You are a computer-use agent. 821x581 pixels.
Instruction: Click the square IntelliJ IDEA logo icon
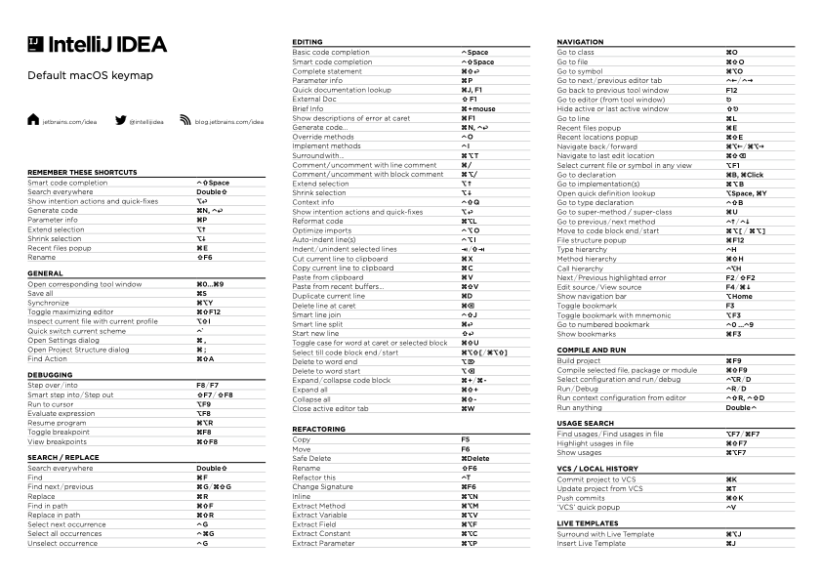click(35, 44)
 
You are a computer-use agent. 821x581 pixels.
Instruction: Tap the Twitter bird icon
click(121, 122)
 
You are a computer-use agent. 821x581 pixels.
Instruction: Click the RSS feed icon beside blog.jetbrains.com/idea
click(186, 122)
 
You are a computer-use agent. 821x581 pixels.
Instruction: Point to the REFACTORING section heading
click(319, 429)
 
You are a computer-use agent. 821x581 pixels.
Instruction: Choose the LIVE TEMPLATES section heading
click(588, 523)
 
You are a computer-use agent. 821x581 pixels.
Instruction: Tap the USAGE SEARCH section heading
click(586, 423)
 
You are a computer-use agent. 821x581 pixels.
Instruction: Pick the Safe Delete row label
click(312, 458)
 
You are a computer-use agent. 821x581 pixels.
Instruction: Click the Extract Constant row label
click(321, 533)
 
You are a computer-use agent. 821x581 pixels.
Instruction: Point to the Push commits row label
click(583, 497)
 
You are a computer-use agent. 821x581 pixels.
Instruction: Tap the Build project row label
click(579, 361)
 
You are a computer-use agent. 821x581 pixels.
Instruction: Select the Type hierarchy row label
click(582, 249)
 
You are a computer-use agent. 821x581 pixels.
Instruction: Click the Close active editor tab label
click(330, 408)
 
